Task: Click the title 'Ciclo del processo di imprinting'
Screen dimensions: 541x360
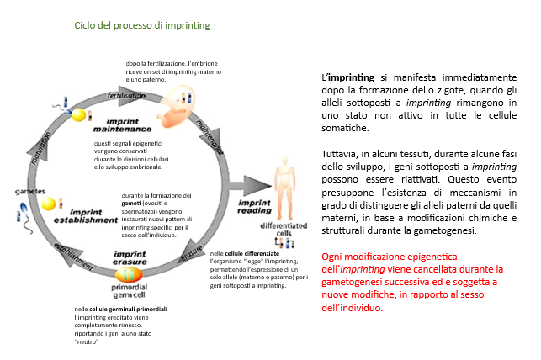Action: [x=142, y=25]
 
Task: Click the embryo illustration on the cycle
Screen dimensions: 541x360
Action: [x=177, y=107]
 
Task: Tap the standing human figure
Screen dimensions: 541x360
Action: [x=285, y=188]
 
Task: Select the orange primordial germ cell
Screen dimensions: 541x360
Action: [x=129, y=275]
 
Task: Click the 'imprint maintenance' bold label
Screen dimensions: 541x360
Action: [x=123, y=125]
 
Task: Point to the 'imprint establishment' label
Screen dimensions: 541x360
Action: [x=86, y=216]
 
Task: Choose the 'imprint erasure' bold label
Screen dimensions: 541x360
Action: [x=130, y=258]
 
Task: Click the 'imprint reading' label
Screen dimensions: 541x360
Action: [x=254, y=207]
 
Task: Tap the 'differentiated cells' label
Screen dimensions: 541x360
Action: [x=284, y=230]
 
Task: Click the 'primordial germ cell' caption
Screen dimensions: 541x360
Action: [x=129, y=291]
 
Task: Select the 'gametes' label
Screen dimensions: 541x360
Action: [x=30, y=192]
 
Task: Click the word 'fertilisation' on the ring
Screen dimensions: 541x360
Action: [x=126, y=95]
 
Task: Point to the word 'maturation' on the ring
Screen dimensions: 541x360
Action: [x=41, y=148]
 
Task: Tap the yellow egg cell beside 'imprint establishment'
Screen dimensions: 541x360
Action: [x=49, y=204]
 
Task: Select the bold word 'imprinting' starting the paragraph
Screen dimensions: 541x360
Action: [x=351, y=77]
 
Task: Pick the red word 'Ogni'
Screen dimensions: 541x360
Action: [x=331, y=257]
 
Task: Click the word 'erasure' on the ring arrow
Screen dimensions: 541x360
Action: [x=192, y=254]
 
